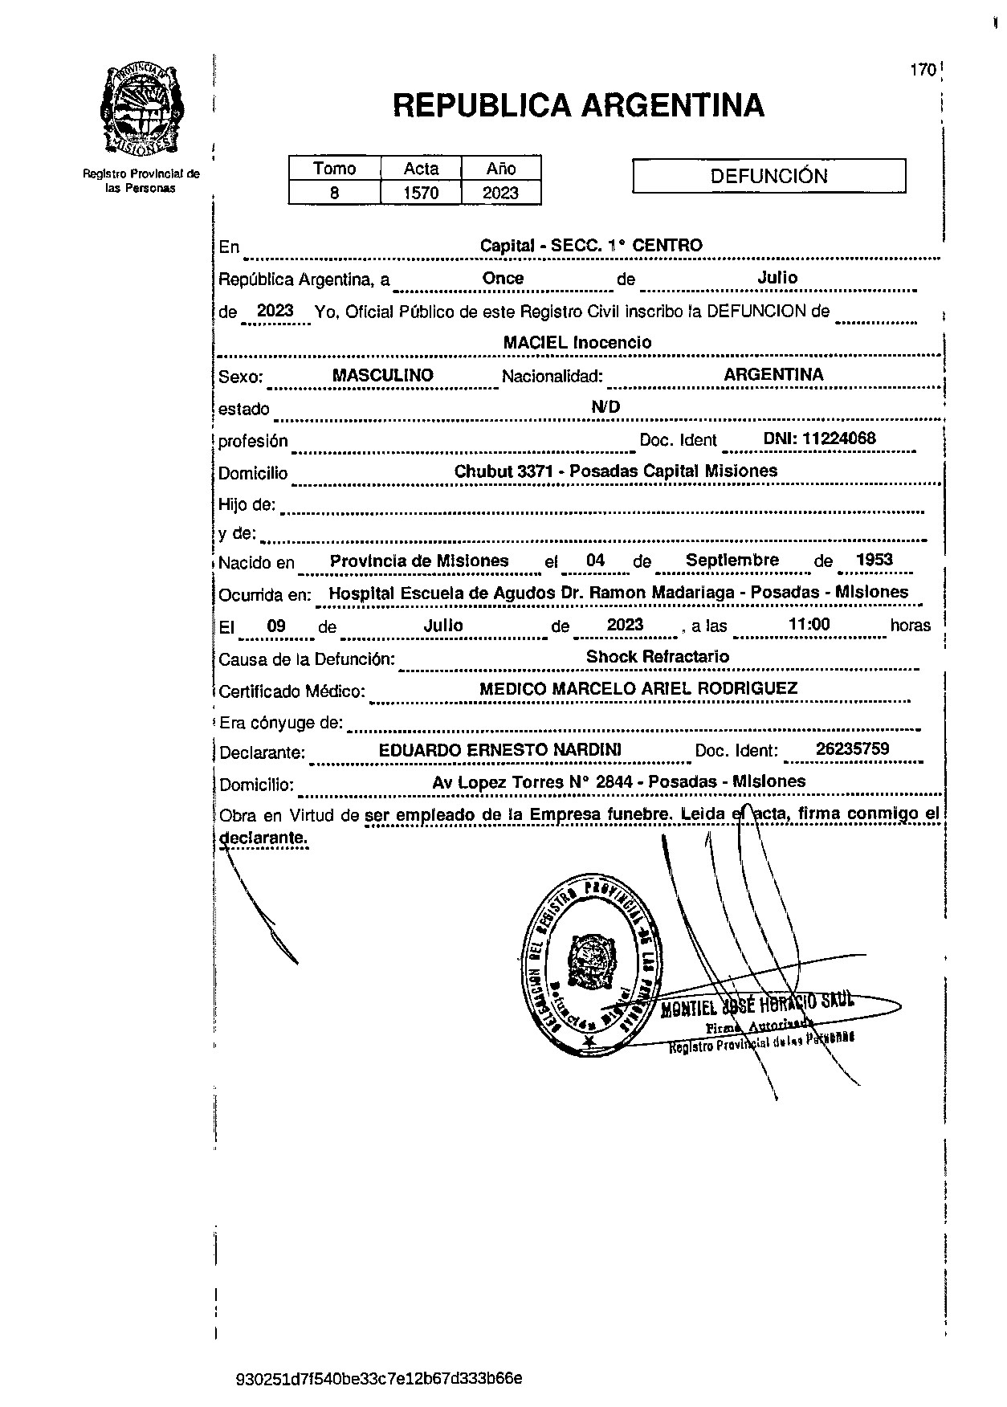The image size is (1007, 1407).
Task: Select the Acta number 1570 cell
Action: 421,193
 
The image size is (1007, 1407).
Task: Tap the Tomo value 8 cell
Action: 334,193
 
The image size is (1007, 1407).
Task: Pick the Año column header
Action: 501,169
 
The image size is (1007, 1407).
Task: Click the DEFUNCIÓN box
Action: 768,177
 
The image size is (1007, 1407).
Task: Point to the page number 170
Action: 923,70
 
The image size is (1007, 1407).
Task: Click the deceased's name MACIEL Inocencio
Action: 577,342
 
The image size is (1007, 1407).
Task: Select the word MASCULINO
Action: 383,375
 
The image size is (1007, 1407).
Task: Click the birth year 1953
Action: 874,560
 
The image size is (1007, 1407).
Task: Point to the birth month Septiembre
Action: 732,560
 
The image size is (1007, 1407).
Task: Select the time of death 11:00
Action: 809,624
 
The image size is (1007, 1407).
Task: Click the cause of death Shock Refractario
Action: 658,656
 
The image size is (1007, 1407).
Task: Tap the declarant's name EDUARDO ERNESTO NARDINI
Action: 499,750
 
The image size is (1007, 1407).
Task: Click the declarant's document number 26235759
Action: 852,749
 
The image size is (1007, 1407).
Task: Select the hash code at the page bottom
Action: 380,1379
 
